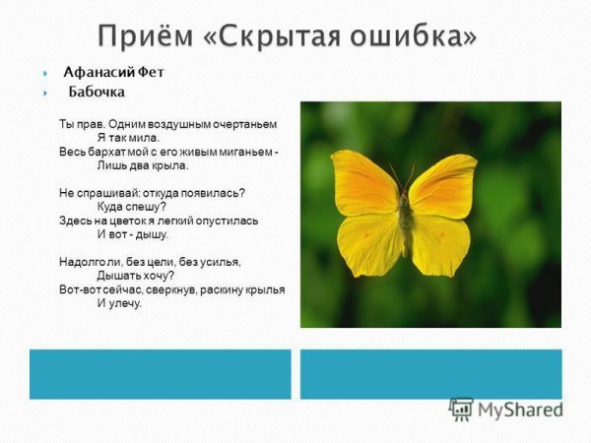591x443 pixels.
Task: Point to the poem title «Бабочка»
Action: [97, 94]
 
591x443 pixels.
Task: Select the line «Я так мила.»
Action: [128, 139]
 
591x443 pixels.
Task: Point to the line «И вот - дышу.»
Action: [133, 234]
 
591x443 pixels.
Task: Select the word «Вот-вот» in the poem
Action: [79, 289]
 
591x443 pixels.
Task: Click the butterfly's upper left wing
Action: [363, 183]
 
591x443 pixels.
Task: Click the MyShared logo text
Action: [517, 410]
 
